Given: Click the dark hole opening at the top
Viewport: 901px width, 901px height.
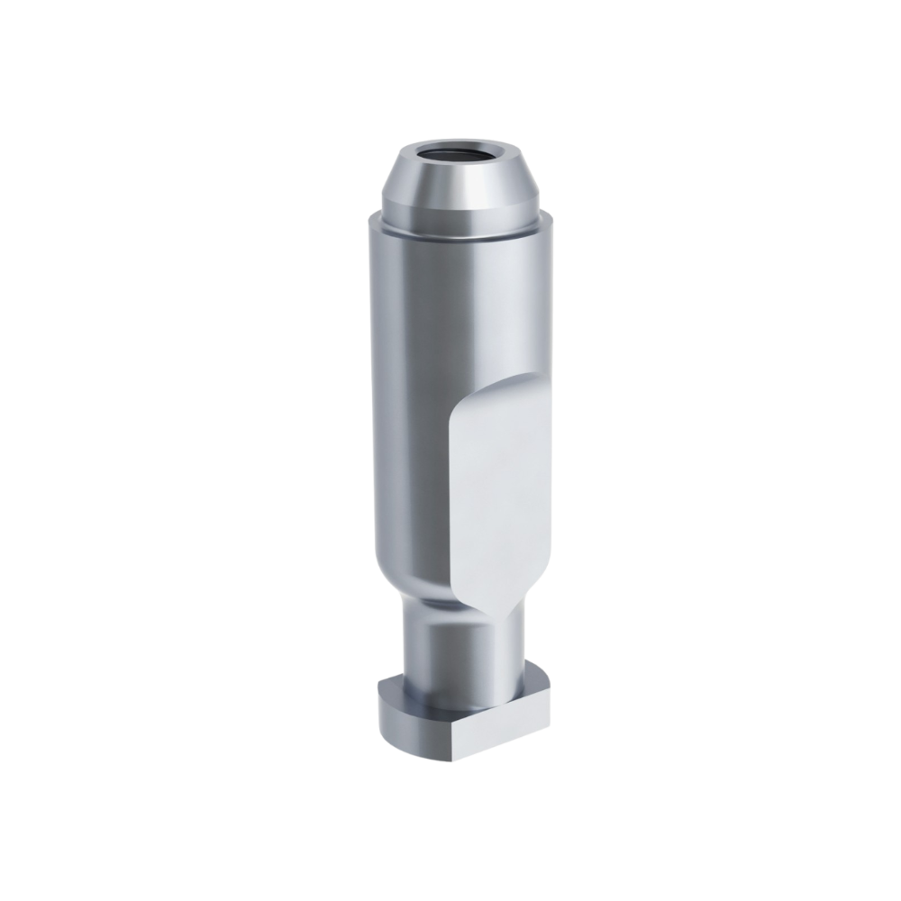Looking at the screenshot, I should (461, 151).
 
